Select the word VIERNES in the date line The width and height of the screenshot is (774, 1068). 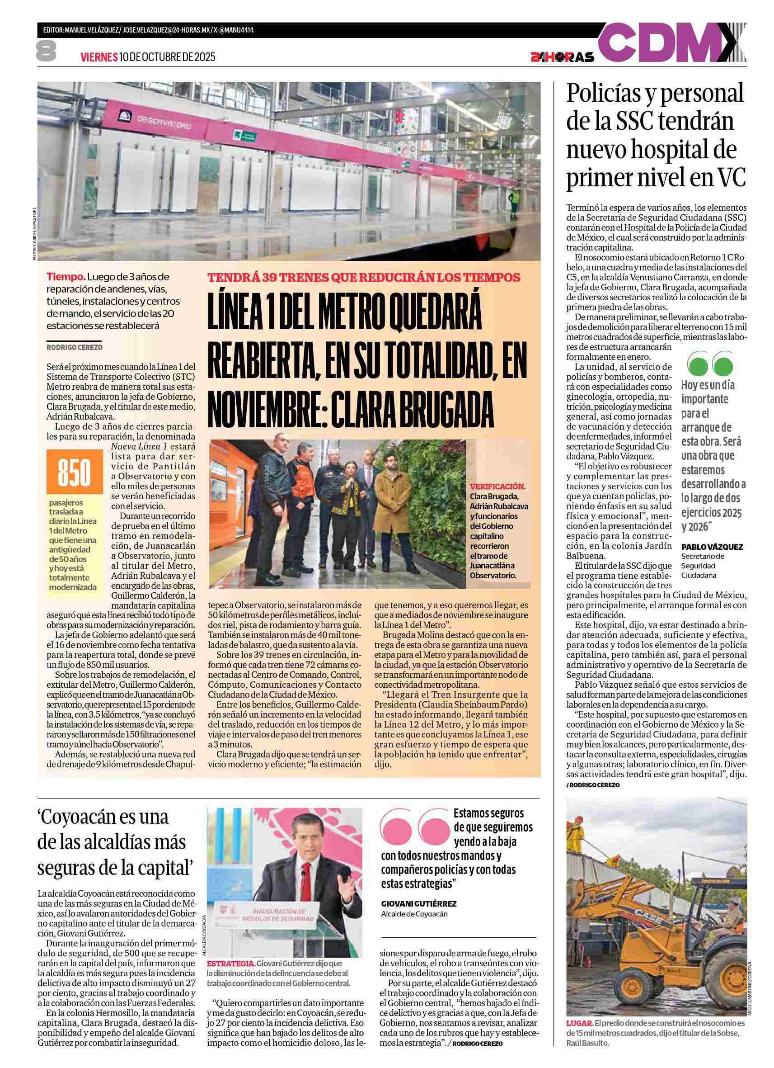coord(99,57)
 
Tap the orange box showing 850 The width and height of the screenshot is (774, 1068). coord(75,473)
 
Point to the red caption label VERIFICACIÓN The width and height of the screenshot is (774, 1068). coord(497,487)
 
